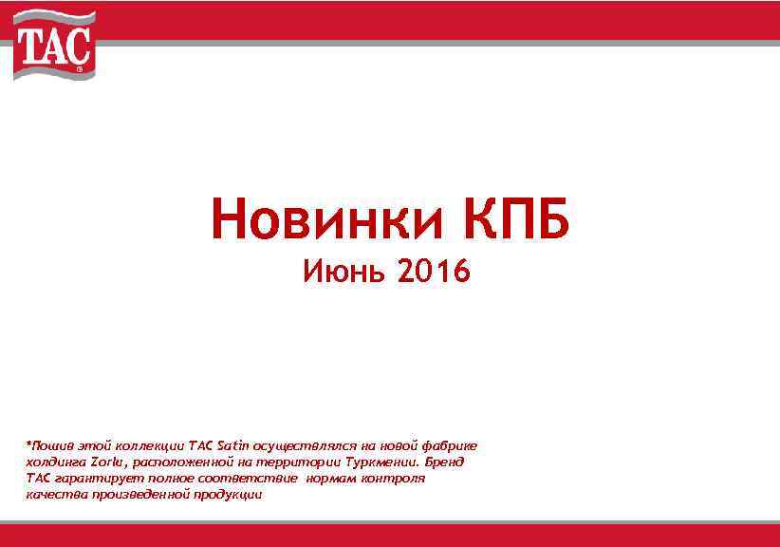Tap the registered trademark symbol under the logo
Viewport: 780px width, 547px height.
pos(79,70)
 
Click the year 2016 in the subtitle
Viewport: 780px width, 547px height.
pos(433,273)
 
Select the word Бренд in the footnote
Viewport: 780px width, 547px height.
pos(444,462)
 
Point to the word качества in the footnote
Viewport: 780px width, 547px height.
pos(53,495)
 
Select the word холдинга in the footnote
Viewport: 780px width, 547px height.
pos(55,462)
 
